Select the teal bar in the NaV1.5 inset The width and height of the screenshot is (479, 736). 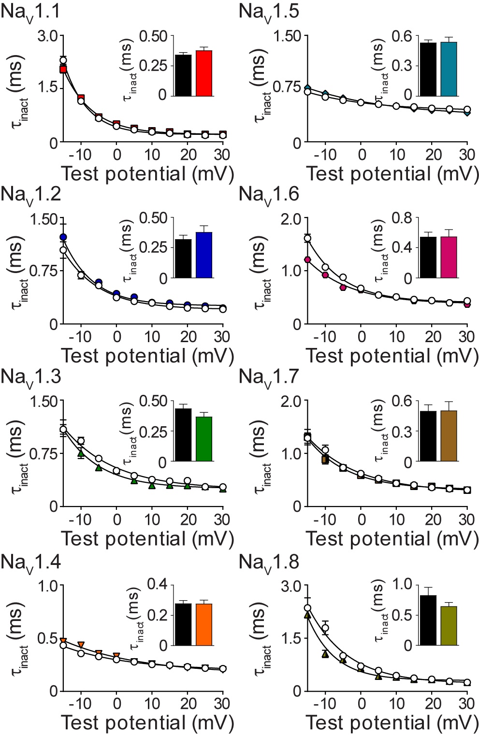(x=449, y=69)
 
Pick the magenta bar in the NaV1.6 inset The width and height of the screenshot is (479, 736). (x=449, y=257)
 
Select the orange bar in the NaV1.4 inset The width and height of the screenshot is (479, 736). (x=204, y=624)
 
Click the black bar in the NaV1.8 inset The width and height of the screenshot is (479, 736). (x=428, y=620)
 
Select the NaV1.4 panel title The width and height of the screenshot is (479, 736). (x=30, y=563)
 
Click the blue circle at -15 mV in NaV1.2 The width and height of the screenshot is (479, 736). (x=63, y=237)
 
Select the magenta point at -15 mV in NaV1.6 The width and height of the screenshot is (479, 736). (x=307, y=260)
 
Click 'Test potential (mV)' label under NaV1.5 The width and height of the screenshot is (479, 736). (x=392, y=174)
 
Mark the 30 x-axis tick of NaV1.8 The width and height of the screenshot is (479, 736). (x=466, y=703)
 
